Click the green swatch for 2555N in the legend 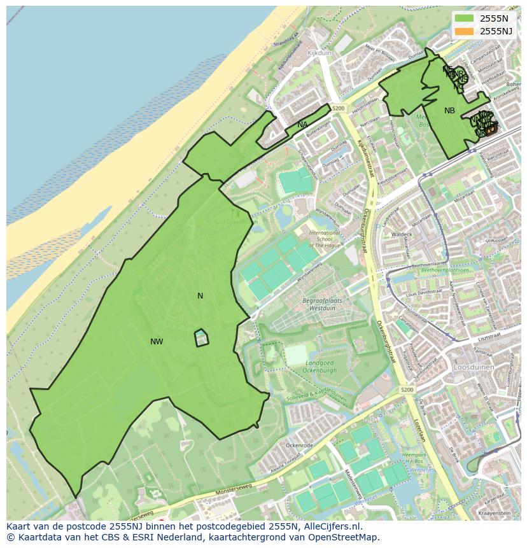(465, 18)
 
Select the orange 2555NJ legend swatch (465, 31)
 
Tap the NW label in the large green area (157, 342)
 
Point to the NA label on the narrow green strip (302, 125)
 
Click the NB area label (449, 111)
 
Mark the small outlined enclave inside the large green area (202, 338)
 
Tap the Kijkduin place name (319, 53)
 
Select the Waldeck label (402, 234)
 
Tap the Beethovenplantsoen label (444, 270)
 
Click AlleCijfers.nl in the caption (330, 527)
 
